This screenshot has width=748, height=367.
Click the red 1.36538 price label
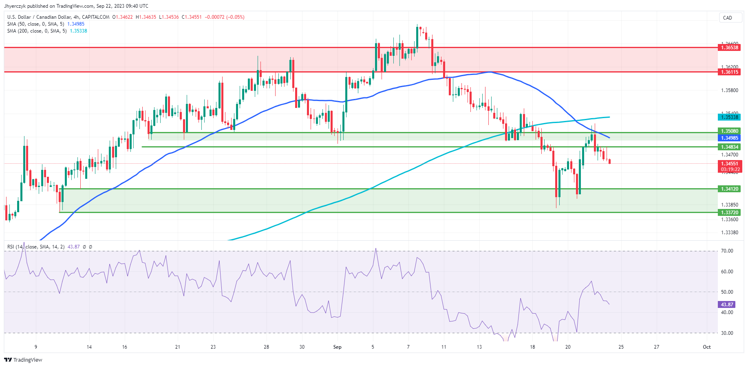click(729, 48)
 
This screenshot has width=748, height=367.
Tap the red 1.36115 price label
click(729, 72)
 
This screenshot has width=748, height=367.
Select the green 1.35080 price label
click(729, 131)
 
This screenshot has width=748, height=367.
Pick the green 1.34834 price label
click(729, 147)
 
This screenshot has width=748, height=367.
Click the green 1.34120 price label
click(729, 189)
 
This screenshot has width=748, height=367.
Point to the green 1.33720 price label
click(729, 213)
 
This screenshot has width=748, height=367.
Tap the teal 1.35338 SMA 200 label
click(729, 117)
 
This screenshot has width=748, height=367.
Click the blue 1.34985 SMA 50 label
click(729, 138)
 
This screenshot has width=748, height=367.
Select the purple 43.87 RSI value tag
click(727, 305)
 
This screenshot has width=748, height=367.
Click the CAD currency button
click(728, 18)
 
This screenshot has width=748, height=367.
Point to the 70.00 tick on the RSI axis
click(727, 251)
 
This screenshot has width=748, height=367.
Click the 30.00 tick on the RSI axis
click(727, 333)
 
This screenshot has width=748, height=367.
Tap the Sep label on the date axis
click(337, 347)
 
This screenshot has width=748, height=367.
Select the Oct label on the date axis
click(706, 347)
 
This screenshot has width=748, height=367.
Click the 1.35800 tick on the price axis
click(729, 90)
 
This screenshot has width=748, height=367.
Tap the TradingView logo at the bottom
click(23, 360)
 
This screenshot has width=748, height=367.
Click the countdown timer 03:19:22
click(730, 169)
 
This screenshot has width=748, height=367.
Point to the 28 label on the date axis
click(266, 347)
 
